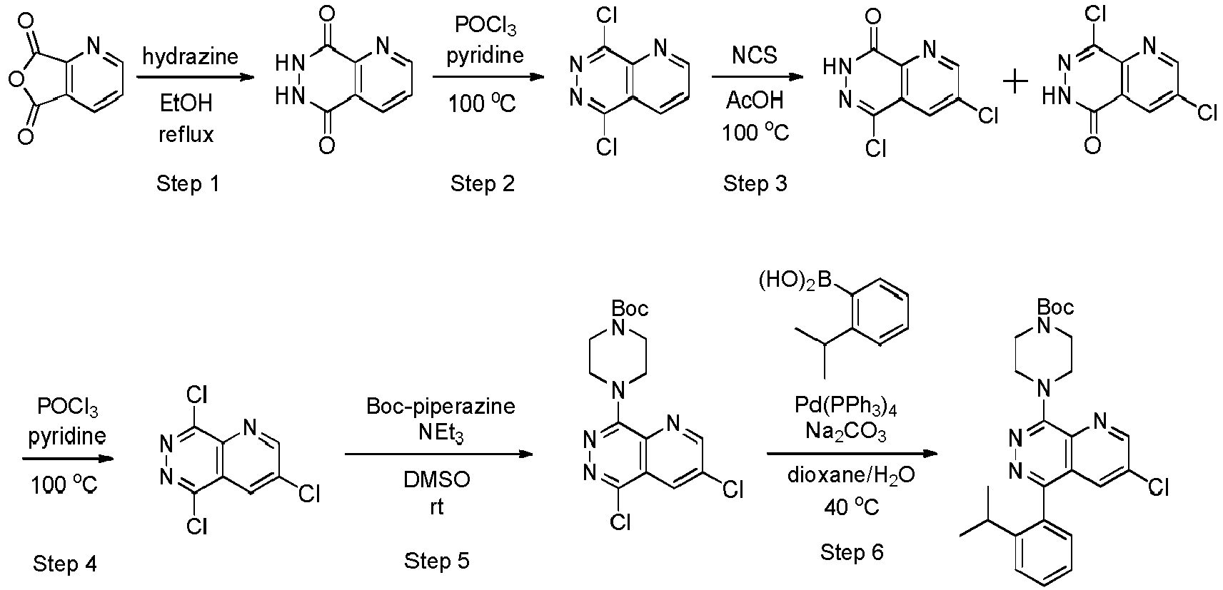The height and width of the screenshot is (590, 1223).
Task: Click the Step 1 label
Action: point(188,183)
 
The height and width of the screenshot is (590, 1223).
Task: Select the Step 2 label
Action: point(482,183)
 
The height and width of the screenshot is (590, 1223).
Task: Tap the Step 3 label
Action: point(755,183)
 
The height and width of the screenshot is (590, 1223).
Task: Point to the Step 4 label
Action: point(65,564)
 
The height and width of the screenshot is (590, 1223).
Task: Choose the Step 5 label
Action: point(437,561)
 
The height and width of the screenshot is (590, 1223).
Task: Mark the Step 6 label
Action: point(852,552)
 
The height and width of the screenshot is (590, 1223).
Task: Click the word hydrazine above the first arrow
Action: point(190,56)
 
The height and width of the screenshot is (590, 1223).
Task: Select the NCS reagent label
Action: point(755,55)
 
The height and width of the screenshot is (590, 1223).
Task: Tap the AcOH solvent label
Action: point(755,100)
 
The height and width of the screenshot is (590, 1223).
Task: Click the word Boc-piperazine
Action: point(441,407)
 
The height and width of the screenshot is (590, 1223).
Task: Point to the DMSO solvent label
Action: point(437,479)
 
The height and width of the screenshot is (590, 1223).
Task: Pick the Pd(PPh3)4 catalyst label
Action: point(846,407)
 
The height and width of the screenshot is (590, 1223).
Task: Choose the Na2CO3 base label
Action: point(846,432)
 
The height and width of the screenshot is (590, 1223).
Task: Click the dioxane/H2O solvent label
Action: point(851,475)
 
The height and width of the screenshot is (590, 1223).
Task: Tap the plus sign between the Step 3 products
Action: point(1015,83)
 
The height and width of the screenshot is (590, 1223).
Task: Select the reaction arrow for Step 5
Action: point(439,454)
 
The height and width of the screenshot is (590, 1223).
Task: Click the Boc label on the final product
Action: point(1055,307)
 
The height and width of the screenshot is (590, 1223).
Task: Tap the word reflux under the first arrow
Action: point(186,134)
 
